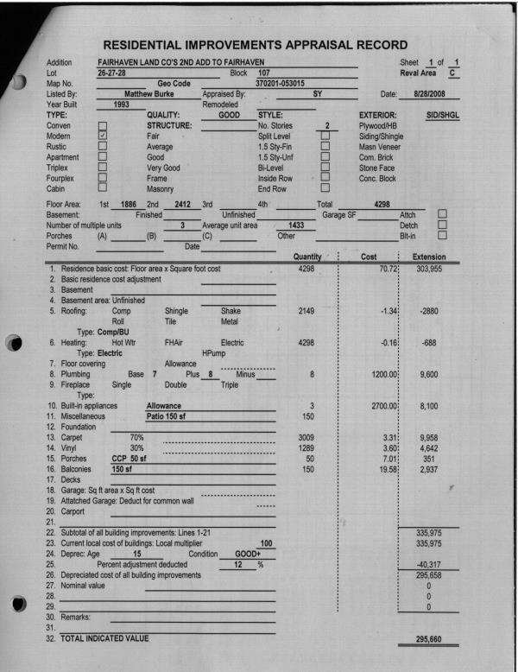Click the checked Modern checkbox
point(104,136)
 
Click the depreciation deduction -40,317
point(428,542)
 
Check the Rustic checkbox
point(104,147)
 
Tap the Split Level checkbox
point(326,136)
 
